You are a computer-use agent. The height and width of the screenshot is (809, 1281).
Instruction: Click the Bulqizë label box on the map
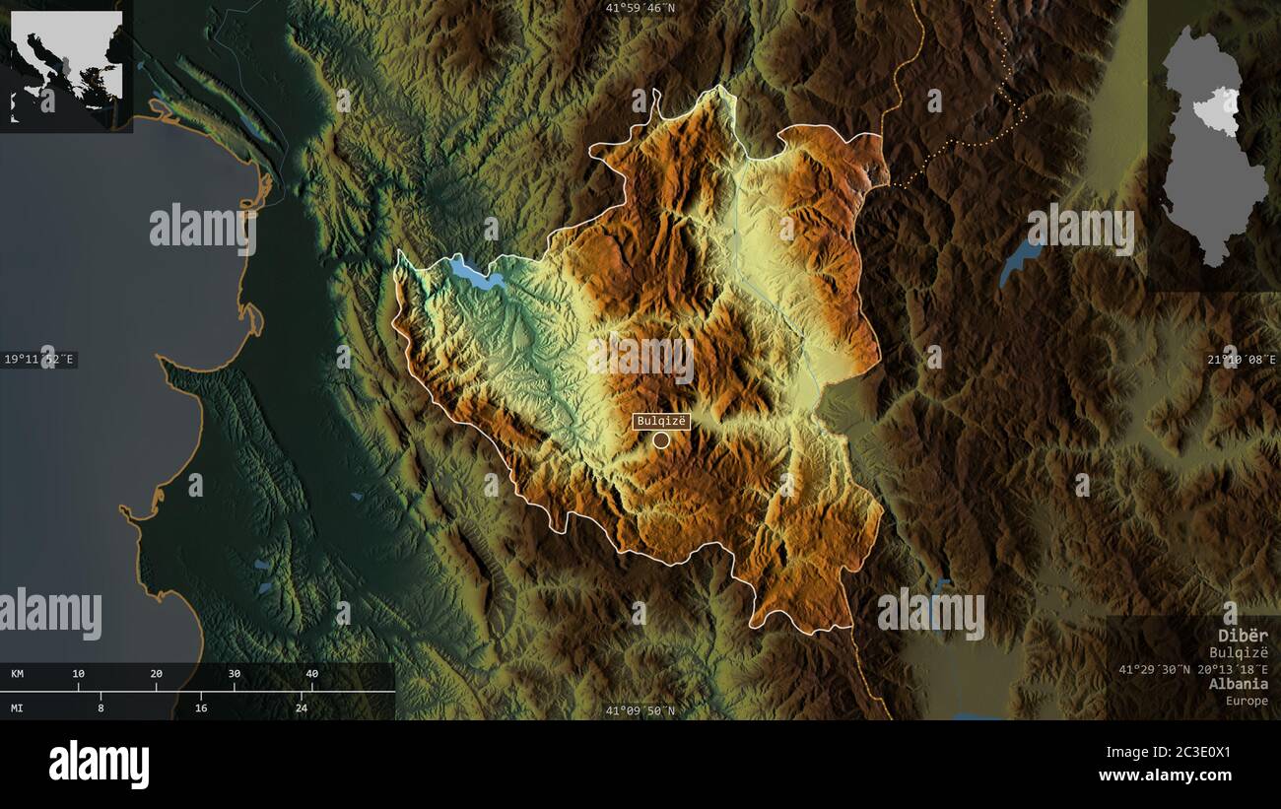click(661, 422)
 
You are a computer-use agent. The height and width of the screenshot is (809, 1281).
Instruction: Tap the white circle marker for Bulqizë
click(661, 439)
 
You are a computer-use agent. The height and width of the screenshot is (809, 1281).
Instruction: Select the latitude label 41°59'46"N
click(640, 8)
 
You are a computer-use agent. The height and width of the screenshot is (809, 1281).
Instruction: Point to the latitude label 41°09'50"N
click(640, 710)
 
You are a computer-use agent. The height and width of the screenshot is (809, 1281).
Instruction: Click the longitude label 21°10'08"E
click(1243, 360)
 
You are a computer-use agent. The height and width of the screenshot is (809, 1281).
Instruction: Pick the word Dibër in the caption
click(1243, 636)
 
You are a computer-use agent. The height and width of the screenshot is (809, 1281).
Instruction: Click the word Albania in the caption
click(1241, 684)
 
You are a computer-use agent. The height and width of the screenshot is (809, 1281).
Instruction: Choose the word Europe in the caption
click(1247, 701)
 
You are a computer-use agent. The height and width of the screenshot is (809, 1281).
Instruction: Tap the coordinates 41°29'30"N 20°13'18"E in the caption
click(1193, 669)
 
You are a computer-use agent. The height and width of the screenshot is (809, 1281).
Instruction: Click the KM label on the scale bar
click(18, 674)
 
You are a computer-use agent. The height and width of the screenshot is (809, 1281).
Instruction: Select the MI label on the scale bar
click(18, 708)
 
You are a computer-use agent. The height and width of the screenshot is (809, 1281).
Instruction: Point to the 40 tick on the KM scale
click(312, 674)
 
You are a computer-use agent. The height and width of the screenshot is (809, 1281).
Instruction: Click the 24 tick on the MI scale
click(302, 708)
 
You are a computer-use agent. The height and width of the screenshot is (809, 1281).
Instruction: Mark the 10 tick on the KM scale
click(79, 674)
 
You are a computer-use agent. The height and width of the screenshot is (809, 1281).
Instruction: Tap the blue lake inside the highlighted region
click(475, 274)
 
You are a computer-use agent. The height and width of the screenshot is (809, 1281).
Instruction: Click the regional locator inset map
click(66, 65)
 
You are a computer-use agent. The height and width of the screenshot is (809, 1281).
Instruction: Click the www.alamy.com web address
click(1165, 775)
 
